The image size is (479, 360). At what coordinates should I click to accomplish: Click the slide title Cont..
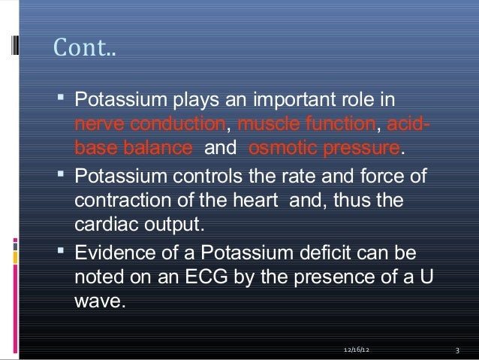(x=85, y=51)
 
